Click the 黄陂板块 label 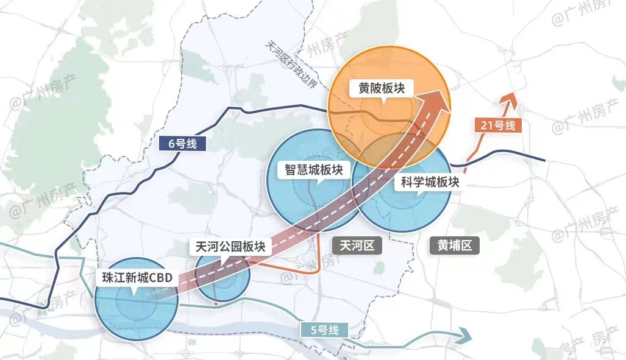point(382,88)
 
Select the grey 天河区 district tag point(357,245)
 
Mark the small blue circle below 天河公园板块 point(222,281)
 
